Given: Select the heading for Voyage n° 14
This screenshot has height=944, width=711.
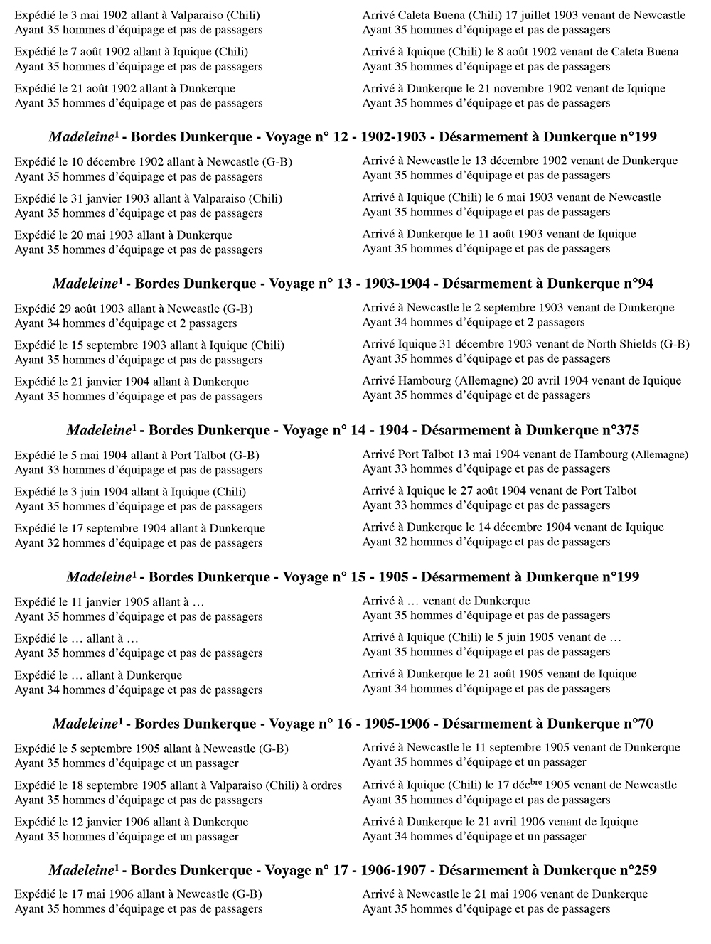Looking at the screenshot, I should (353, 431).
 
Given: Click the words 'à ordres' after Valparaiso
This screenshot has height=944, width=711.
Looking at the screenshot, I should (320, 785).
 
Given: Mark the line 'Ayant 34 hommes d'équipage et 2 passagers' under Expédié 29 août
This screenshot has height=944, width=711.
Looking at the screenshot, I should (126, 323).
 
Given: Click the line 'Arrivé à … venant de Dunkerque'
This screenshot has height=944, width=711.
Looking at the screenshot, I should (446, 601).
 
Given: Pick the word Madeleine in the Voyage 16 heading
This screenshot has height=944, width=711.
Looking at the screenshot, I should (84, 724).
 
